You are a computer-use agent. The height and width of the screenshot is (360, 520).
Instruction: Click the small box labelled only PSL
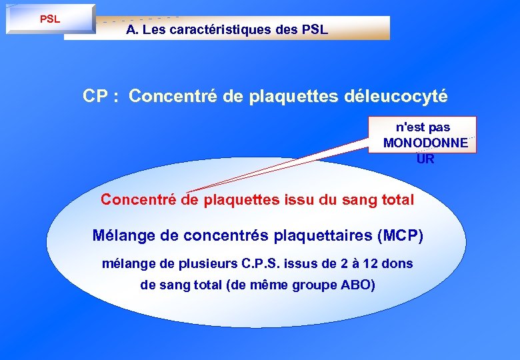pos(50,19)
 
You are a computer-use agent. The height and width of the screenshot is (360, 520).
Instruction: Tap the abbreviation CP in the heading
pos(95,96)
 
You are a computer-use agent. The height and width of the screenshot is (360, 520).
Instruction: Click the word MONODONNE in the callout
pos(425,143)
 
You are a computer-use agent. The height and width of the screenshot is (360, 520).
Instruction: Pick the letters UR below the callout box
pos(425,159)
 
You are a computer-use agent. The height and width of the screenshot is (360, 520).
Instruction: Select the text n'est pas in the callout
pos(423,127)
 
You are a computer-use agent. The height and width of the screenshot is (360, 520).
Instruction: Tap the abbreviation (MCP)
pos(399,236)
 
